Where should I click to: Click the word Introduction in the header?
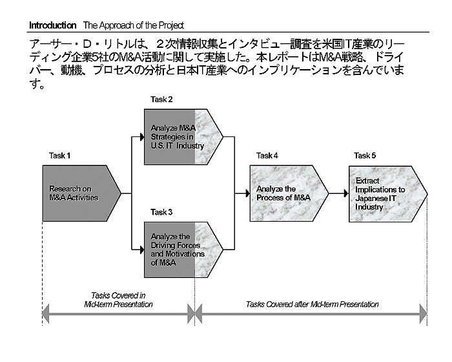tap(52, 25)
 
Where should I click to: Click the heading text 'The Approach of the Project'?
tap(133, 25)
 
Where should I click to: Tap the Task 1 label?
tap(59, 156)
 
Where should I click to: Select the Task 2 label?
tap(161, 99)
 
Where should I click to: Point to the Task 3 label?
tap(161, 212)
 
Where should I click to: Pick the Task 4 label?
tap(267, 156)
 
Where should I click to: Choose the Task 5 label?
tap(365, 156)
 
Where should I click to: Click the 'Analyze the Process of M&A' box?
tap(284, 193)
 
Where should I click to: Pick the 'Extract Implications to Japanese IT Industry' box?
tap(383, 193)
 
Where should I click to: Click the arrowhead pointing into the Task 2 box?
tap(140, 136)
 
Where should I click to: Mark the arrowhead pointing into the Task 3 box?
tap(140, 250)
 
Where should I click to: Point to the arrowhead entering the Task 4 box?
tap(246, 193)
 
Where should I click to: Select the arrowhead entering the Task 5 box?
tap(345, 193)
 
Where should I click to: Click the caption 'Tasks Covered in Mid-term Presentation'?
tap(118, 299)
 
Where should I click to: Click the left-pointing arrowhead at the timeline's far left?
tap(45, 315)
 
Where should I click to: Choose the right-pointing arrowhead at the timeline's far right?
tap(424, 315)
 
